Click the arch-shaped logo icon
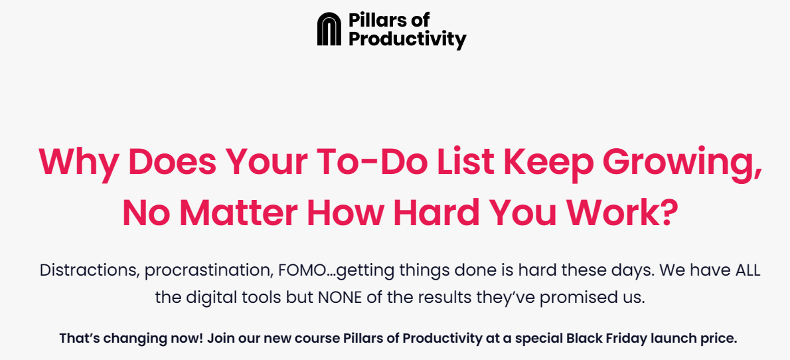click(x=329, y=29)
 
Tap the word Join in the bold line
click(x=217, y=338)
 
